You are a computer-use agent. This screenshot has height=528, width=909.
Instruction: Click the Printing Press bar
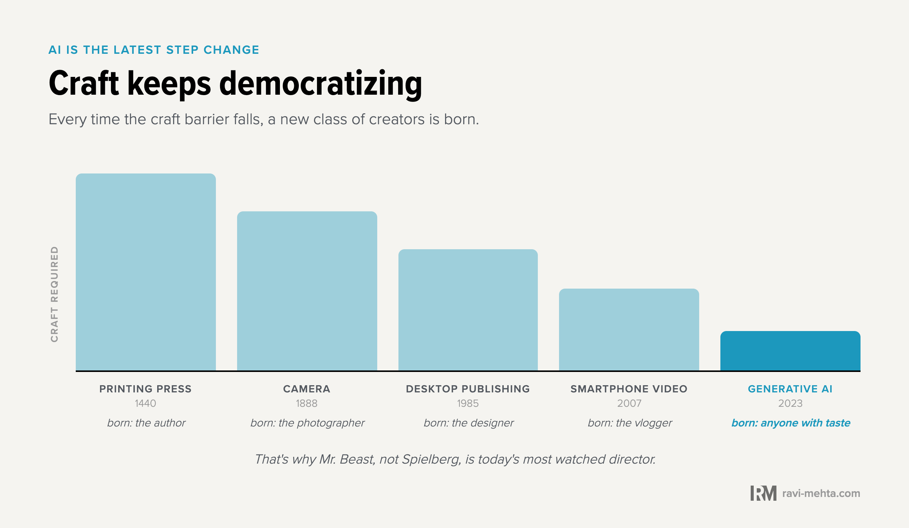click(x=146, y=272)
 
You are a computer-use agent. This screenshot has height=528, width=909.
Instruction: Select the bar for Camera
click(x=307, y=291)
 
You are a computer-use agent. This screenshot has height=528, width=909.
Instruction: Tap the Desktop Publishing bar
click(x=468, y=310)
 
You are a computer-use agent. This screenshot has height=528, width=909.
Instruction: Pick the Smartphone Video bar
click(x=629, y=330)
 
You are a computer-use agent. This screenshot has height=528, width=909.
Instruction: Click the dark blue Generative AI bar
click(x=790, y=351)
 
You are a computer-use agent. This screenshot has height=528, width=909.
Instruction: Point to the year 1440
click(x=145, y=403)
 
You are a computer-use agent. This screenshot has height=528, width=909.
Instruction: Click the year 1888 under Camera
click(x=307, y=403)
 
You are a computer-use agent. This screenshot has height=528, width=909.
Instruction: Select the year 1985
click(x=468, y=403)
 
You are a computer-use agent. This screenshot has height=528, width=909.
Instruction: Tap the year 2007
click(x=629, y=403)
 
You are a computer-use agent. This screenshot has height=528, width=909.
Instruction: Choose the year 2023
click(x=790, y=403)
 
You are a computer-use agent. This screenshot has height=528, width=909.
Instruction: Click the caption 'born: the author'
click(x=146, y=423)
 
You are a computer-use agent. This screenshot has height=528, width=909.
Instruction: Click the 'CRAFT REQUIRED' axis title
click(x=55, y=294)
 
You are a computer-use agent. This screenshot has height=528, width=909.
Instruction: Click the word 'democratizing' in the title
click(x=320, y=84)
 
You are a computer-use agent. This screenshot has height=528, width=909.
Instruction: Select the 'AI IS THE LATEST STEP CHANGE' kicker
click(x=154, y=50)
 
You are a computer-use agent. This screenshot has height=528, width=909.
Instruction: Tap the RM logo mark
click(x=763, y=493)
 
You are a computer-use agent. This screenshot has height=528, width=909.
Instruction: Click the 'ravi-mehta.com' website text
click(x=821, y=494)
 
